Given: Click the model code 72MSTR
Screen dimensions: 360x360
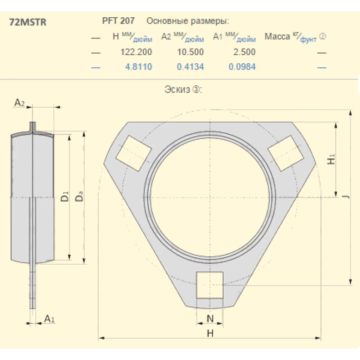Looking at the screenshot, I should pos(27,22).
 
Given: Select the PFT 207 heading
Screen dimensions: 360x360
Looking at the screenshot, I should pos(119,21).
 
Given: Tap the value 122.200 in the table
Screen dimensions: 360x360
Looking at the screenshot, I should pos(136,52).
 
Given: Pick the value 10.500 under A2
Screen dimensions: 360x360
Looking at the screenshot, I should pos(190,52).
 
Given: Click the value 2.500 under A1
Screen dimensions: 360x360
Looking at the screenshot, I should pos(244,52).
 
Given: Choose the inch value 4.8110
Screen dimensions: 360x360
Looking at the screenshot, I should pos(138,67).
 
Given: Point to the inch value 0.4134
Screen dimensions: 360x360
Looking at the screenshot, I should pos(190,67).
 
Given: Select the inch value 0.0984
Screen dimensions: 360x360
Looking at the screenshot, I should pos(242,67).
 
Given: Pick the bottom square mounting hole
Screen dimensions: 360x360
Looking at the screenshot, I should pos(210,285).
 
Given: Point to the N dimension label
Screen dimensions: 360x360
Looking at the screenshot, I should pos(210,318).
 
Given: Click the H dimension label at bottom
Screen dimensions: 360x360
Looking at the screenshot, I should pos(210,333).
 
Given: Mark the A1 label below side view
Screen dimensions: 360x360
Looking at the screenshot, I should pos(49,318).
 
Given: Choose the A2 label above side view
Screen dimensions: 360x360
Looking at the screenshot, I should pos(19,103).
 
